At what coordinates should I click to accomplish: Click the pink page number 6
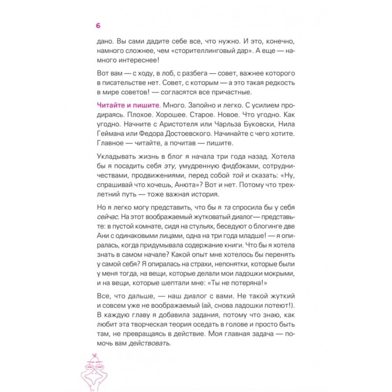click(98, 25)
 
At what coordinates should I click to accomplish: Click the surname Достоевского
click(180, 134)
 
